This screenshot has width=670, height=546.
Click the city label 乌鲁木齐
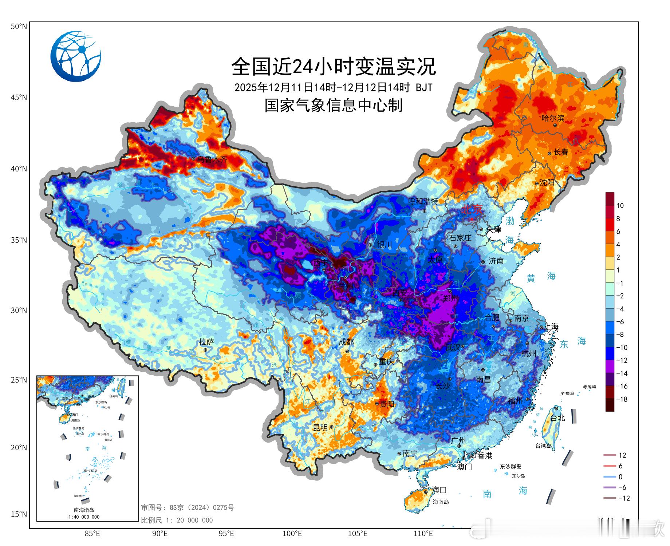[212, 159]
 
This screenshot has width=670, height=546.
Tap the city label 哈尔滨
[552, 118]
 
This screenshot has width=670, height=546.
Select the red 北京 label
[472, 209]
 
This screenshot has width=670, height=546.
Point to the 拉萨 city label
[206, 342]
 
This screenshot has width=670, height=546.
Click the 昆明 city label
[320, 428]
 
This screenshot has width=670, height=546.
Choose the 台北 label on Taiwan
[557, 418]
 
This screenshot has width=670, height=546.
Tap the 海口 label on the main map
[439, 490]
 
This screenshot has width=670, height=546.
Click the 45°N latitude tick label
[19, 98]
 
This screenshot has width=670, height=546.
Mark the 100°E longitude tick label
[292, 534]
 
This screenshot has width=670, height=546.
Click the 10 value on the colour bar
[620, 206]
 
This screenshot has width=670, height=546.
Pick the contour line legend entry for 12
[615, 455]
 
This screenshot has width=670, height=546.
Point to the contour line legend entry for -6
[615, 487]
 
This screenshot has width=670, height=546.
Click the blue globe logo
[76, 56]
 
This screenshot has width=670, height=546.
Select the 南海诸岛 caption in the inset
[84, 510]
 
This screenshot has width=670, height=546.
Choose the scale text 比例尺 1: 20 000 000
[177, 520]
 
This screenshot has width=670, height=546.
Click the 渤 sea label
[510, 221]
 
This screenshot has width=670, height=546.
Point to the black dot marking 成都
[347, 351]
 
